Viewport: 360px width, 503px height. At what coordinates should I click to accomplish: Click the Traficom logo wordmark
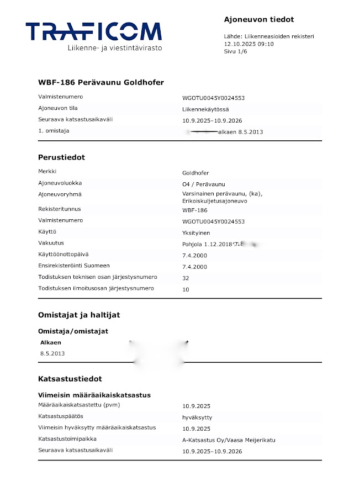93,31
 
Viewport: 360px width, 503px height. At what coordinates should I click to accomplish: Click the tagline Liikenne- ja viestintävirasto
114,48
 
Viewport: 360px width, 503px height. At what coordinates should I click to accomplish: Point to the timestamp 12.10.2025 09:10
248,44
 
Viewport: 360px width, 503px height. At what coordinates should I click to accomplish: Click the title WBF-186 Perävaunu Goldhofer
101,82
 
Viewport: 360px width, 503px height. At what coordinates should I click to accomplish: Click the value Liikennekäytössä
205,109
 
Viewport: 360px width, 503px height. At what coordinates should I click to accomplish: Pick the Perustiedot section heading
61,157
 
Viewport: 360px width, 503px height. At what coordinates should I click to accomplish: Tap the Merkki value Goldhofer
195,173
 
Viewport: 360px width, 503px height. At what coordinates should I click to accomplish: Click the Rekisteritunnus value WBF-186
195,210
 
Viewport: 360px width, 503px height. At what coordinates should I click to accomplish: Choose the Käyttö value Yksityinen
196,233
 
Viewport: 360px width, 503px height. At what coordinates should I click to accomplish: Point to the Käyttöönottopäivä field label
63,255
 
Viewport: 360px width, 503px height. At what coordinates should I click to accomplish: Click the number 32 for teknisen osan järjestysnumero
186,278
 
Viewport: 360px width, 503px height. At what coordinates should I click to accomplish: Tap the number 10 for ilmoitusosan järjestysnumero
186,289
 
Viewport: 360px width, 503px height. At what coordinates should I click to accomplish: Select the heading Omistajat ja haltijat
79,315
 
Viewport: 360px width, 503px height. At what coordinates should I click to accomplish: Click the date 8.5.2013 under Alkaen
52,353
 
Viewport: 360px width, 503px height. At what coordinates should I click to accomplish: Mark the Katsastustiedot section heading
70,379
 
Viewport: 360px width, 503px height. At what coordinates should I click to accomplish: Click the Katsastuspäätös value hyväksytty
197,417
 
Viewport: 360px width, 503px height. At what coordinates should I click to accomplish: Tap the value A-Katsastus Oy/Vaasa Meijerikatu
229,440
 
